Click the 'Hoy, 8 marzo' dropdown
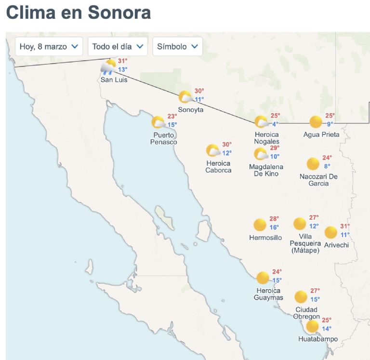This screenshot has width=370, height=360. click(x=49, y=47)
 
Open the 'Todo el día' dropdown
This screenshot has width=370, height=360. click(x=117, y=47)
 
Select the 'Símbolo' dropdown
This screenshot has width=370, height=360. click(x=177, y=47)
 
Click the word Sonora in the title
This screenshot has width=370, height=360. click(x=119, y=12)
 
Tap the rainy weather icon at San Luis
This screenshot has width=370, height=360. click(x=108, y=67)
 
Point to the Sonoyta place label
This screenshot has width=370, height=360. click(x=190, y=109)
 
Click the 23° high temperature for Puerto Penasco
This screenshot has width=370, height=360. click(x=172, y=116)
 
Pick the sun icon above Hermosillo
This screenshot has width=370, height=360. click(x=260, y=225)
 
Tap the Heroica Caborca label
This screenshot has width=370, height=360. click(x=218, y=166)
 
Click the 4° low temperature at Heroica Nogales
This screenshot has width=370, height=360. click(x=276, y=124)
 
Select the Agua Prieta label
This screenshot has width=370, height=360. click(x=321, y=134)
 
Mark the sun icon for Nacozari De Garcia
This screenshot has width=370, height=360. click(x=313, y=164)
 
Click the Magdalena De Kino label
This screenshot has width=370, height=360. click(x=266, y=170)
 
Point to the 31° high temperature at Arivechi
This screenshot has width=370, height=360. click(x=345, y=226)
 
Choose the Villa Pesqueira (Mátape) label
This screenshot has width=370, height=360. click(x=306, y=243)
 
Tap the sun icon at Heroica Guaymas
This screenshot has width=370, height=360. click(x=263, y=278)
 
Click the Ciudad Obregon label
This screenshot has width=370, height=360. click(x=306, y=313)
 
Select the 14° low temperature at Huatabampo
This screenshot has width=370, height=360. click(x=327, y=329)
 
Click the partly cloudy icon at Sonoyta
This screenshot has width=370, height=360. click(x=185, y=97)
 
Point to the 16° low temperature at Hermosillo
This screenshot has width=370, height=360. click(x=274, y=227)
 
